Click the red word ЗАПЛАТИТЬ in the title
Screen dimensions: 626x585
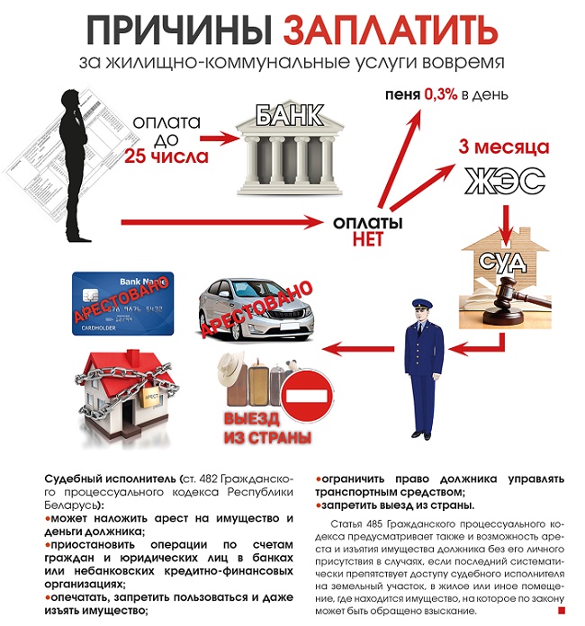391,31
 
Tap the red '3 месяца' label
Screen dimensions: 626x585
503,147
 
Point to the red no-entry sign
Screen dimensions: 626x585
307,395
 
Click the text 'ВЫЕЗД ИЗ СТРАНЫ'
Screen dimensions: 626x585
266,429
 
